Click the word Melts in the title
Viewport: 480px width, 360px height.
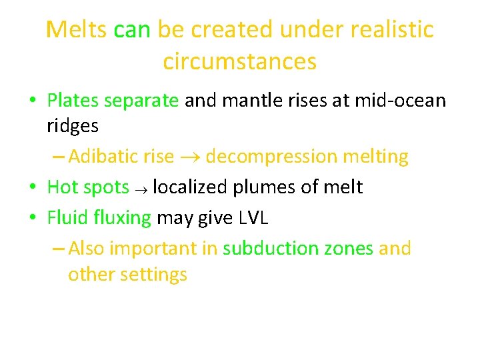tap(77, 30)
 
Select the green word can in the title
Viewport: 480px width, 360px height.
tap(133, 30)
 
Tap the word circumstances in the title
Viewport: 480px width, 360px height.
tap(239, 62)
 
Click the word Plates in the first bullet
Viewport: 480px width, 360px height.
tap(73, 101)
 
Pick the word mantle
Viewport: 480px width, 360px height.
tap(257, 101)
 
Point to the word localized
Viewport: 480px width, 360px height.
tap(190, 187)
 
